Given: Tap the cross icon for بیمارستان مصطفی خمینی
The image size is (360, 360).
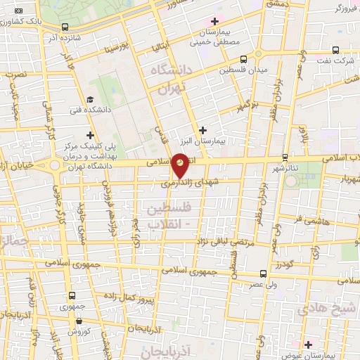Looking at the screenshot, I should pos(214,22).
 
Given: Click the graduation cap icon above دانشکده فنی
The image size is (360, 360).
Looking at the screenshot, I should pos(90,99).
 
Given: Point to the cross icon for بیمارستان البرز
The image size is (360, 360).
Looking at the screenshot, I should pos(203,129).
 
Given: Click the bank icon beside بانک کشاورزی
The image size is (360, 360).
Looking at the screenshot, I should pos(18,12).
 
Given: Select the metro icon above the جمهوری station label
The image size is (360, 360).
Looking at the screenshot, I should pos(72,295).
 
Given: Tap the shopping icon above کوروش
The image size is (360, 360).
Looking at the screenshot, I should pos(72,320).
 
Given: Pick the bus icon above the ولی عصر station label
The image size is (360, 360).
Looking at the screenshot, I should pos(263,274).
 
